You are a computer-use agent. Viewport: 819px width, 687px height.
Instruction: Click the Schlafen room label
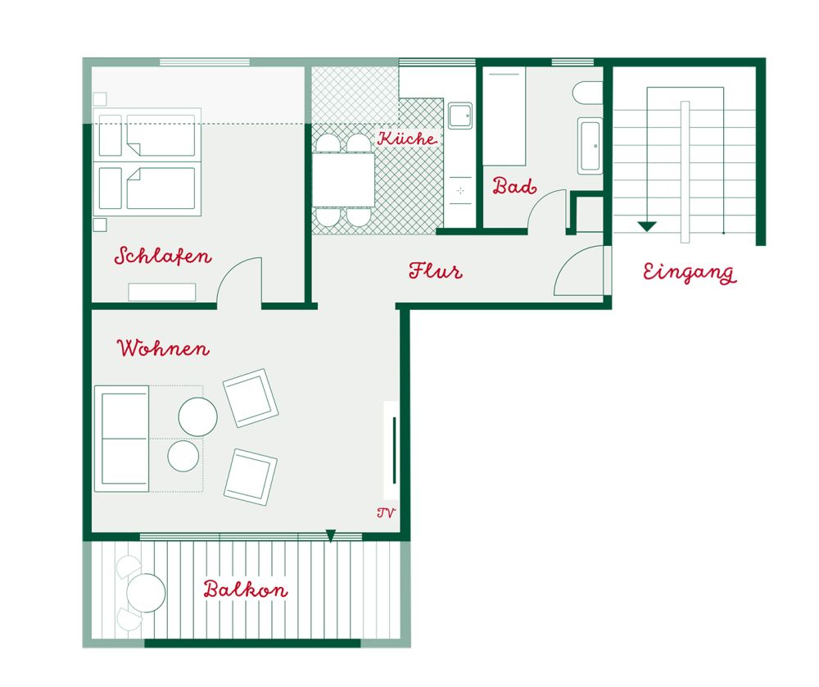click(x=163, y=256)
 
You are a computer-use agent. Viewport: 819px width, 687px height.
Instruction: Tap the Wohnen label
click(x=163, y=348)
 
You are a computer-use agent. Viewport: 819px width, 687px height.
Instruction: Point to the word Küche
click(x=407, y=139)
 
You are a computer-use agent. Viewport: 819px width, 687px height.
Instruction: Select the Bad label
click(x=514, y=185)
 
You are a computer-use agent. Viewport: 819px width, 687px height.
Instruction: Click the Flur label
click(x=436, y=271)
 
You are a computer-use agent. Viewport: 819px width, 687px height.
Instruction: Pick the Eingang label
click(x=690, y=273)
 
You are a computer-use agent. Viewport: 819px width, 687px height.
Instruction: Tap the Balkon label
click(x=246, y=589)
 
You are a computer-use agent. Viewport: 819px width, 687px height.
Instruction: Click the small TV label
click(x=386, y=513)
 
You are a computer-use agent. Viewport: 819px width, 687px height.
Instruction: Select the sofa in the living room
click(x=122, y=439)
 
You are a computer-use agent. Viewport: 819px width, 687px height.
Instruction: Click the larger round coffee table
click(x=198, y=416)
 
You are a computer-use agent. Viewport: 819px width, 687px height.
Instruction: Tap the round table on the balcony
click(x=146, y=593)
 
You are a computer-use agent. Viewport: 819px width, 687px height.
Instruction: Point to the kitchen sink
click(x=460, y=115)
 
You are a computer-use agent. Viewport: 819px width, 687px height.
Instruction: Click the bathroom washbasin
click(x=590, y=146)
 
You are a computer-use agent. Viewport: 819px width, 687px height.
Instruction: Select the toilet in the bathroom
click(x=587, y=93)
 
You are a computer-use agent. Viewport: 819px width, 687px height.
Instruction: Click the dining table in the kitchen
click(x=343, y=180)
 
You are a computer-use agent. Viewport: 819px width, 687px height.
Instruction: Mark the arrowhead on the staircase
click(x=647, y=226)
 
